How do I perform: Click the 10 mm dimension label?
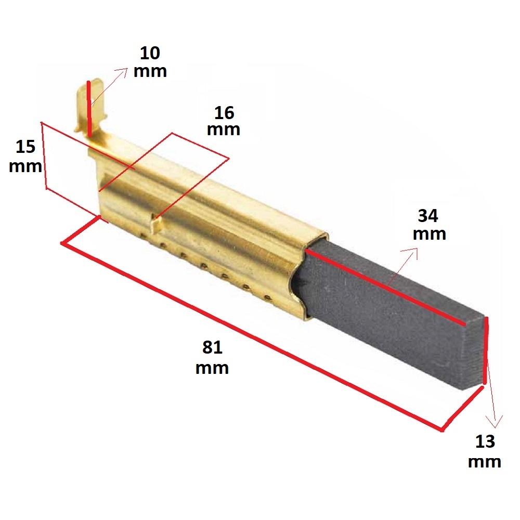pyautogui.click(x=150, y=62)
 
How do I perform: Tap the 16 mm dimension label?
pyautogui.click(x=224, y=121)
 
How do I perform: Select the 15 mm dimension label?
pyautogui.click(x=25, y=156)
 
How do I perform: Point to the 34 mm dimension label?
pyautogui.click(x=429, y=224)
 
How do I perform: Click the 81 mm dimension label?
pyautogui.click(x=212, y=357)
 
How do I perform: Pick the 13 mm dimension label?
pyautogui.click(x=485, y=451)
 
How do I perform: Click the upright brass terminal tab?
pyautogui.click(x=91, y=105)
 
